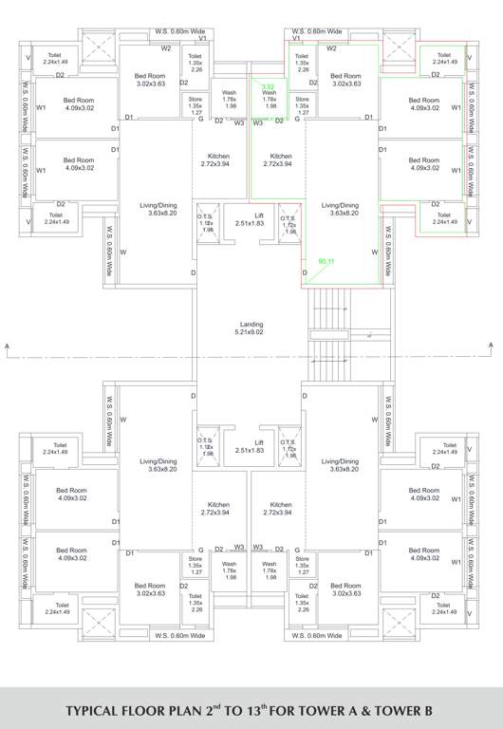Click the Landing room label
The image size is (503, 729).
[251, 324]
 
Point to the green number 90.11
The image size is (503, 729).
[327, 260]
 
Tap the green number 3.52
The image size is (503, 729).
[268, 86]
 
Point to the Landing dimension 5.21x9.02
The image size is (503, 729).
[251, 332]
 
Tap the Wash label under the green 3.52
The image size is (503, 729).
[270, 92]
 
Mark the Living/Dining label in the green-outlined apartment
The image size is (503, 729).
[340, 205]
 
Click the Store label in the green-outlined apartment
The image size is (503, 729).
[302, 99]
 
